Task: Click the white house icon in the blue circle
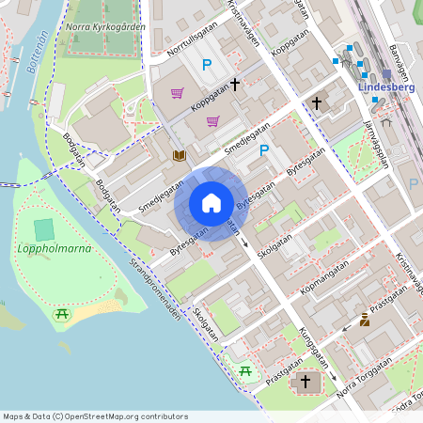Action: coord(211,202)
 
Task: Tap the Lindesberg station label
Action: coord(386,87)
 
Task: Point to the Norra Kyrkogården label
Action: coord(105,26)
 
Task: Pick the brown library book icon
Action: coord(179,154)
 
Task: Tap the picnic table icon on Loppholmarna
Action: coord(63,315)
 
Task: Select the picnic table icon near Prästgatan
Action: coord(245,371)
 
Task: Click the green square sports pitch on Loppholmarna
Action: coord(44,228)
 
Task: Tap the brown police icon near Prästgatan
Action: coord(365,320)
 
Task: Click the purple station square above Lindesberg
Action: coord(386,74)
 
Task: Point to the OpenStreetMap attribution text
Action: coord(95,416)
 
